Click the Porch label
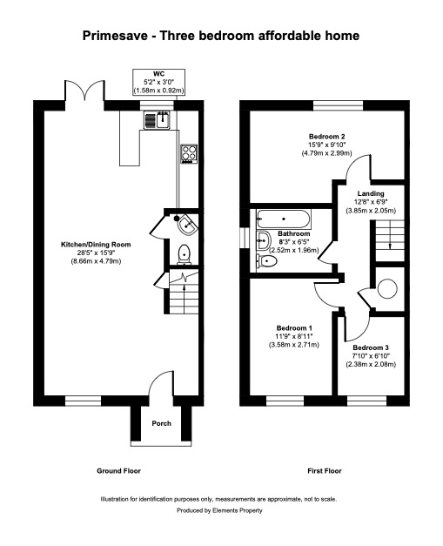(162, 423)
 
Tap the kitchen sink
(157, 120)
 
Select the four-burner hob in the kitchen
(189, 154)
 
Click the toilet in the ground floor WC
(185, 254)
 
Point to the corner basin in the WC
(187, 225)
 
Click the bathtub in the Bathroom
(284, 219)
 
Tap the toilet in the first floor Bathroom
(267, 260)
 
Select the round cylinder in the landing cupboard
(387, 288)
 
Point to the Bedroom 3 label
(371, 347)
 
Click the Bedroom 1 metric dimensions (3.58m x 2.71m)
(293, 345)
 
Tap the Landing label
(371, 193)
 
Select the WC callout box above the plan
(158, 82)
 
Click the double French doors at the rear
(84, 91)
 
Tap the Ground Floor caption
(118, 471)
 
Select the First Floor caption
(325, 471)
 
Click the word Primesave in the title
(115, 36)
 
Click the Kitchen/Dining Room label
(96, 245)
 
